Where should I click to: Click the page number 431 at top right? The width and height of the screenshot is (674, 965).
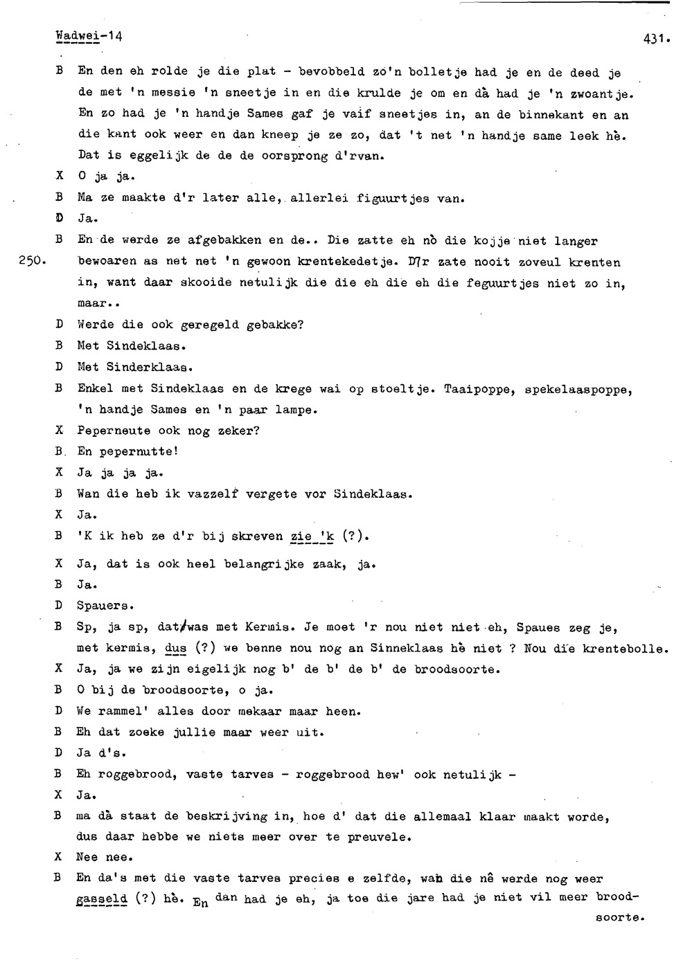(654, 39)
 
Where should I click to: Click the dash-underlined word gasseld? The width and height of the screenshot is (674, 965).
(102, 900)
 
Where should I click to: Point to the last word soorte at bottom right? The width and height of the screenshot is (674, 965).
(620, 919)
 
